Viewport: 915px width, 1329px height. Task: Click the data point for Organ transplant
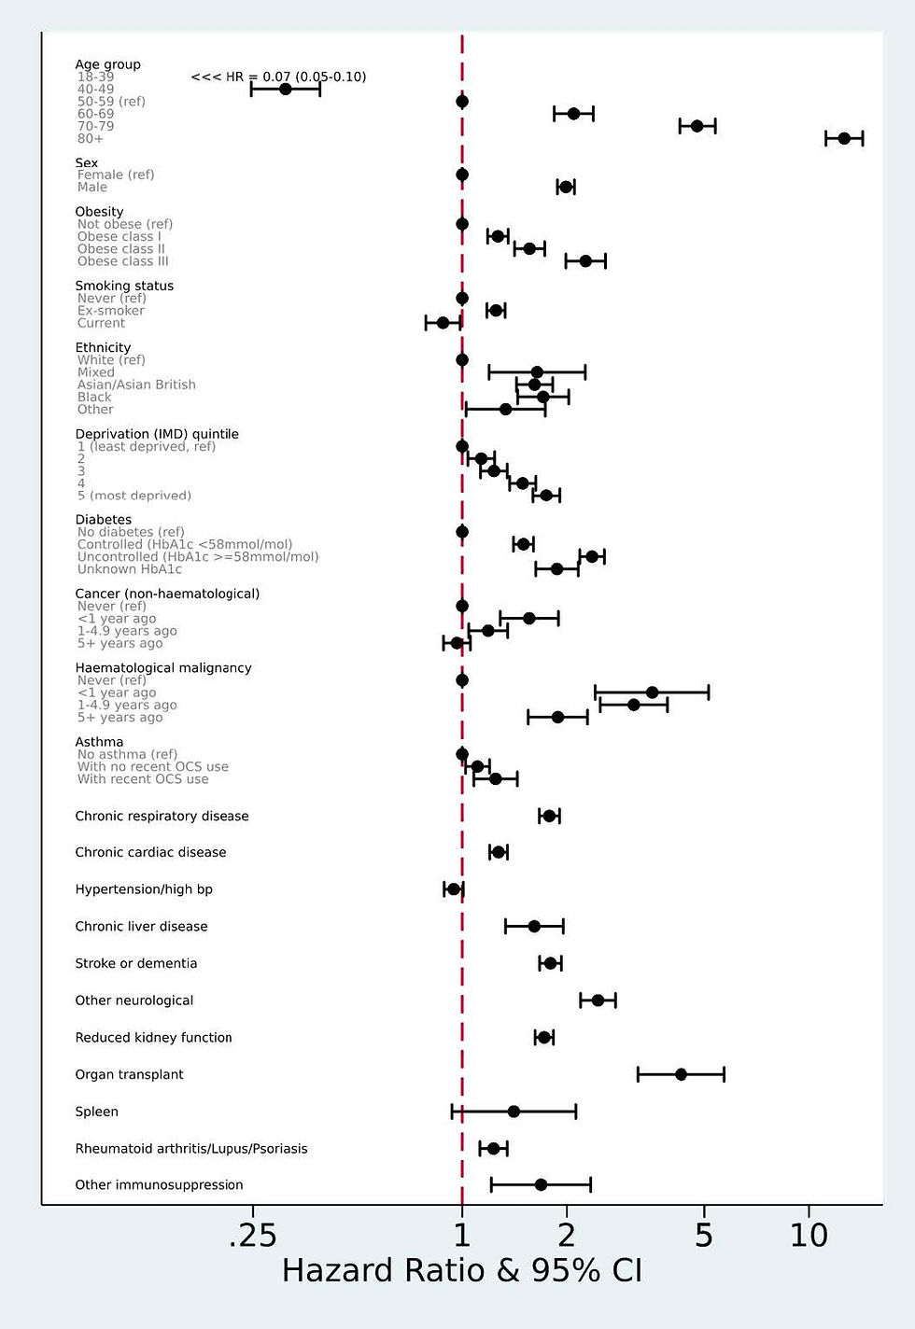[681, 1074]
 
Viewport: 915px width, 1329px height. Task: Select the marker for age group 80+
[844, 138]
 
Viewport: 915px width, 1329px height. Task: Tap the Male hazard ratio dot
[565, 187]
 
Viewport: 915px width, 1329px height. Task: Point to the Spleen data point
[514, 1111]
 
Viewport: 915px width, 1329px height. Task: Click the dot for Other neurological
[598, 1000]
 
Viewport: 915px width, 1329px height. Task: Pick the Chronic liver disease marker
[534, 926]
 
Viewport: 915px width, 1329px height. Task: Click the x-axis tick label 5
[704, 1236]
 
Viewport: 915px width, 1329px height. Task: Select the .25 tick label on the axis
[252, 1236]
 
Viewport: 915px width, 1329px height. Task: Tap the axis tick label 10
[809, 1236]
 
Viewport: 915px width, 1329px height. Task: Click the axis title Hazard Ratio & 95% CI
[462, 1271]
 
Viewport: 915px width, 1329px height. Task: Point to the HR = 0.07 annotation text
[278, 77]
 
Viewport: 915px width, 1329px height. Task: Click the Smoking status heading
[124, 286]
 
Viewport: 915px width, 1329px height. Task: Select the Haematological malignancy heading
[163, 667]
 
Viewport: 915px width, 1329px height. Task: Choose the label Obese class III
[123, 261]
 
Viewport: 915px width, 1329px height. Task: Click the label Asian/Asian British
[136, 385]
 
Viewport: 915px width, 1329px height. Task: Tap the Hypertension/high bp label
[144, 889]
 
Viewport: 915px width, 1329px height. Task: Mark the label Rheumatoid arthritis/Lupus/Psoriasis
[191, 1149]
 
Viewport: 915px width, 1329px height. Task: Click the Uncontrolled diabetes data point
[591, 556]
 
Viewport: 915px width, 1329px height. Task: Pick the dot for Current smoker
[443, 323]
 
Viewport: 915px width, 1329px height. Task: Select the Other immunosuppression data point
[541, 1185]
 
